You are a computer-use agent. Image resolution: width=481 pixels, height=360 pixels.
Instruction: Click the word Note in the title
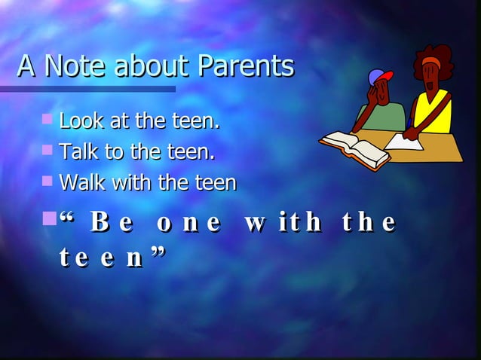point(74,67)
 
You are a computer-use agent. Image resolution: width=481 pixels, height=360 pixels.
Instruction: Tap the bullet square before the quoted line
point(51,220)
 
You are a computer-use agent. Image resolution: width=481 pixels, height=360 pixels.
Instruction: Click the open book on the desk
point(354,146)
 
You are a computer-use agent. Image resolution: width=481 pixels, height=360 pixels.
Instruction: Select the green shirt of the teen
point(384,117)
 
